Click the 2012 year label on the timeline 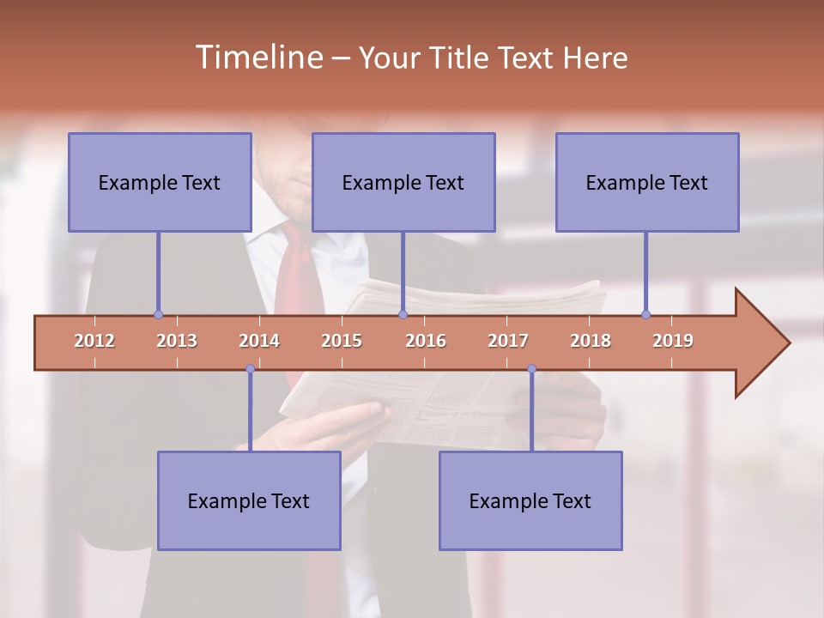(x=94, y=341)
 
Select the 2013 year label (x=177, y=341)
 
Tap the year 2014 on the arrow (x=259, y=341)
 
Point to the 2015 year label (x=342, y=341)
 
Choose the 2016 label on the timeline (x=426, y=341)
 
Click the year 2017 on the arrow (x=508, y=341)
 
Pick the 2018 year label (x=591, y=341)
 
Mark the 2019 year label (x=673, y=341)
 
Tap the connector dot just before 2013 (x=158, y=314)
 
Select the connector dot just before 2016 (x=403, y=314)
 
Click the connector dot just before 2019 (x=645, y=314)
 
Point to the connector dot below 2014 (x=250, y=369)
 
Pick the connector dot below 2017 (x=531, y=369)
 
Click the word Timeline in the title (x=257, y=58)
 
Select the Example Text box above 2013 (x=160, y=182)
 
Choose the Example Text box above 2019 (x=647, y=182)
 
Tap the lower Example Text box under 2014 (x=249, y=500)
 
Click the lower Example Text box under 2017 (x=530, y=500)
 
